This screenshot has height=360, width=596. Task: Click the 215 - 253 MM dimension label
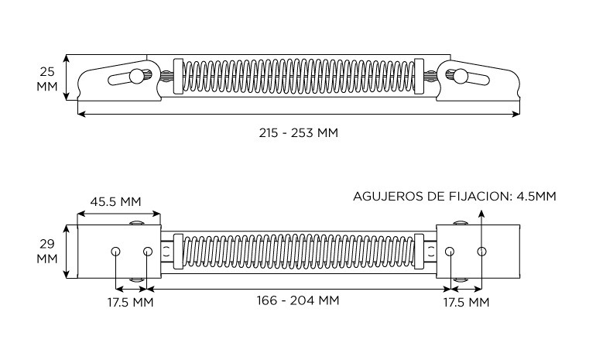coord(298,132)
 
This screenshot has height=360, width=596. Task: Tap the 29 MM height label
coord(47,250)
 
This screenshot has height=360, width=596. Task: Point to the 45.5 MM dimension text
coord(115,201)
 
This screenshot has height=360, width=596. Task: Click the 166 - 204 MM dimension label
coord(298,300)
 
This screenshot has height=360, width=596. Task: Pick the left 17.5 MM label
coord(130,302)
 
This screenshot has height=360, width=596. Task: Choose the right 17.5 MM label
coord(466,302)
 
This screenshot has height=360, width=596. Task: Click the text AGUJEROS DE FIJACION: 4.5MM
coord(454,196)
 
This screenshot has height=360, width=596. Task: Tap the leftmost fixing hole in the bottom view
coord(115,252)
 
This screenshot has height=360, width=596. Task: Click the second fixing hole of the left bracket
coord(148,252)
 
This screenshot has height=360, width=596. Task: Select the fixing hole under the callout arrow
coord(481,252)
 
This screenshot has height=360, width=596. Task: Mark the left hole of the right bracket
coord(450,252)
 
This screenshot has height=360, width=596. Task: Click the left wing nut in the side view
coord(137,77)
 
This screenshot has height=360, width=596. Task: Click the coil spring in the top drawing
coord(298,77)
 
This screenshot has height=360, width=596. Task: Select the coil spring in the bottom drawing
coord(298,252)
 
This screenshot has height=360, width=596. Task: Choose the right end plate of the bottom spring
coord(420,252)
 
